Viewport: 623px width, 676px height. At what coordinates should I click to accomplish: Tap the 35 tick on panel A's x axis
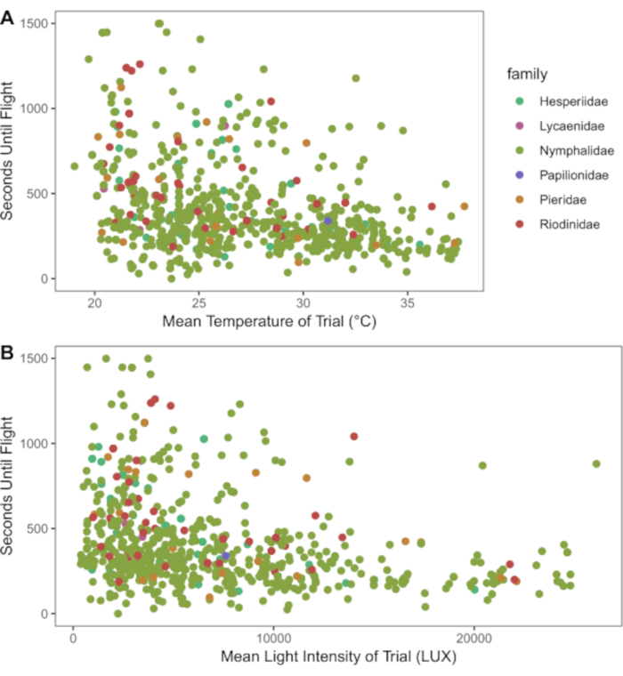408,301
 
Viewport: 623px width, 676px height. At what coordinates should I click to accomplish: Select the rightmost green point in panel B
596,463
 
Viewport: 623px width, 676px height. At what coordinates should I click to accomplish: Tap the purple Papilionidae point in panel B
226,557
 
